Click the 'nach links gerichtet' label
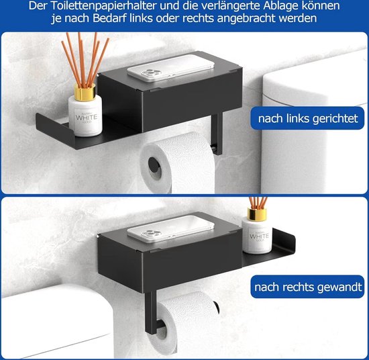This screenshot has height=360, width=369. coord(308,120)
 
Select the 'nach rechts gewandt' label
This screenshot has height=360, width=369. coord(308,288)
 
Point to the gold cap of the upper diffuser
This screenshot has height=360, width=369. coord(85,94)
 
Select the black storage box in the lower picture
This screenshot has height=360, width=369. coord(168,259)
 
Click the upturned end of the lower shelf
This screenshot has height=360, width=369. coord(289,239)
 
